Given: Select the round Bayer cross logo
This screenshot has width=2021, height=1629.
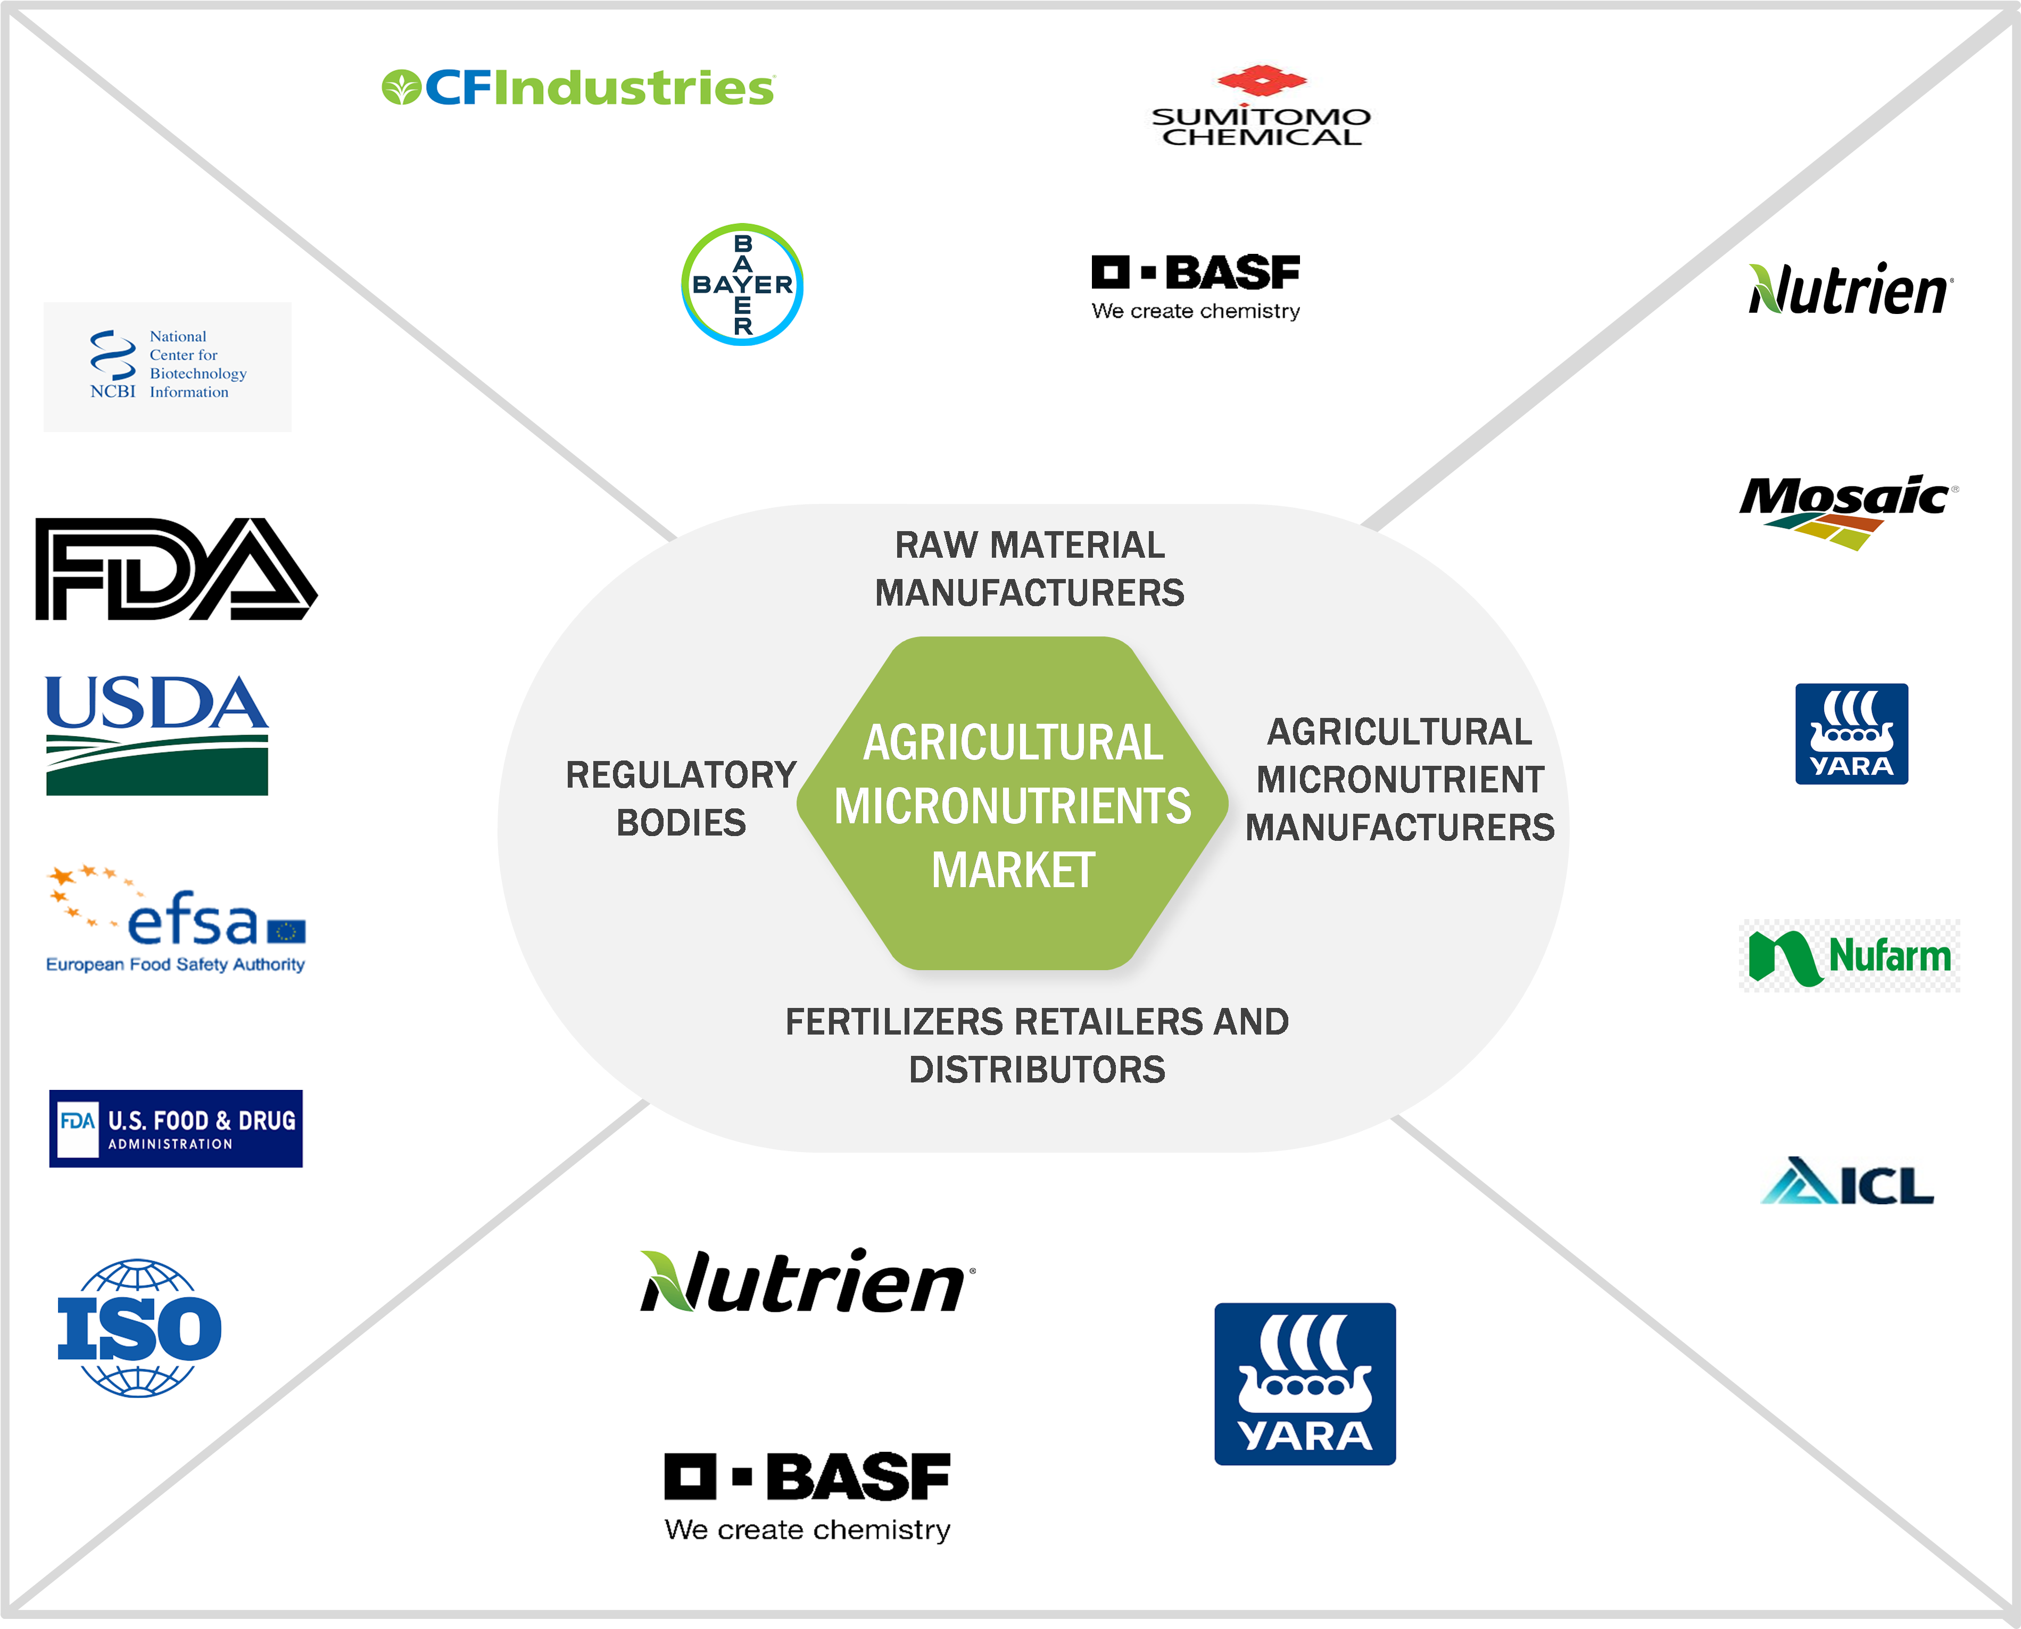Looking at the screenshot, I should point(742,284).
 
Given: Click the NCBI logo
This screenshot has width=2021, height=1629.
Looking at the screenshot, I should point(167,366).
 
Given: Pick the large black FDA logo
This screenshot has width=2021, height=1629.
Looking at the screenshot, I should point(176,569).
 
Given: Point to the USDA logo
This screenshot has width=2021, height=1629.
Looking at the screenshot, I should point(156,735).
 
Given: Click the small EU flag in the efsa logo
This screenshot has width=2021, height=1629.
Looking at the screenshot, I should point(286,931).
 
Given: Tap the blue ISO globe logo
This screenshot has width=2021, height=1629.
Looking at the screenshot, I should point(139,1328).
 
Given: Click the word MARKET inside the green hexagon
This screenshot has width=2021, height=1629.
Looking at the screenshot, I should point(1013,870).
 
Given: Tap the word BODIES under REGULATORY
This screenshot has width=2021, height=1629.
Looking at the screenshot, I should point(681,823).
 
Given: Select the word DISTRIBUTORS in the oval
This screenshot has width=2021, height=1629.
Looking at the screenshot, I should point(1037,1070).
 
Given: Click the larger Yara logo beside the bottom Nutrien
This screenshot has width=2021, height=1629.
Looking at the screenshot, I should point(1304,1383).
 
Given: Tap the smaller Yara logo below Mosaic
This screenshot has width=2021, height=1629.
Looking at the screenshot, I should point(1851,734).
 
